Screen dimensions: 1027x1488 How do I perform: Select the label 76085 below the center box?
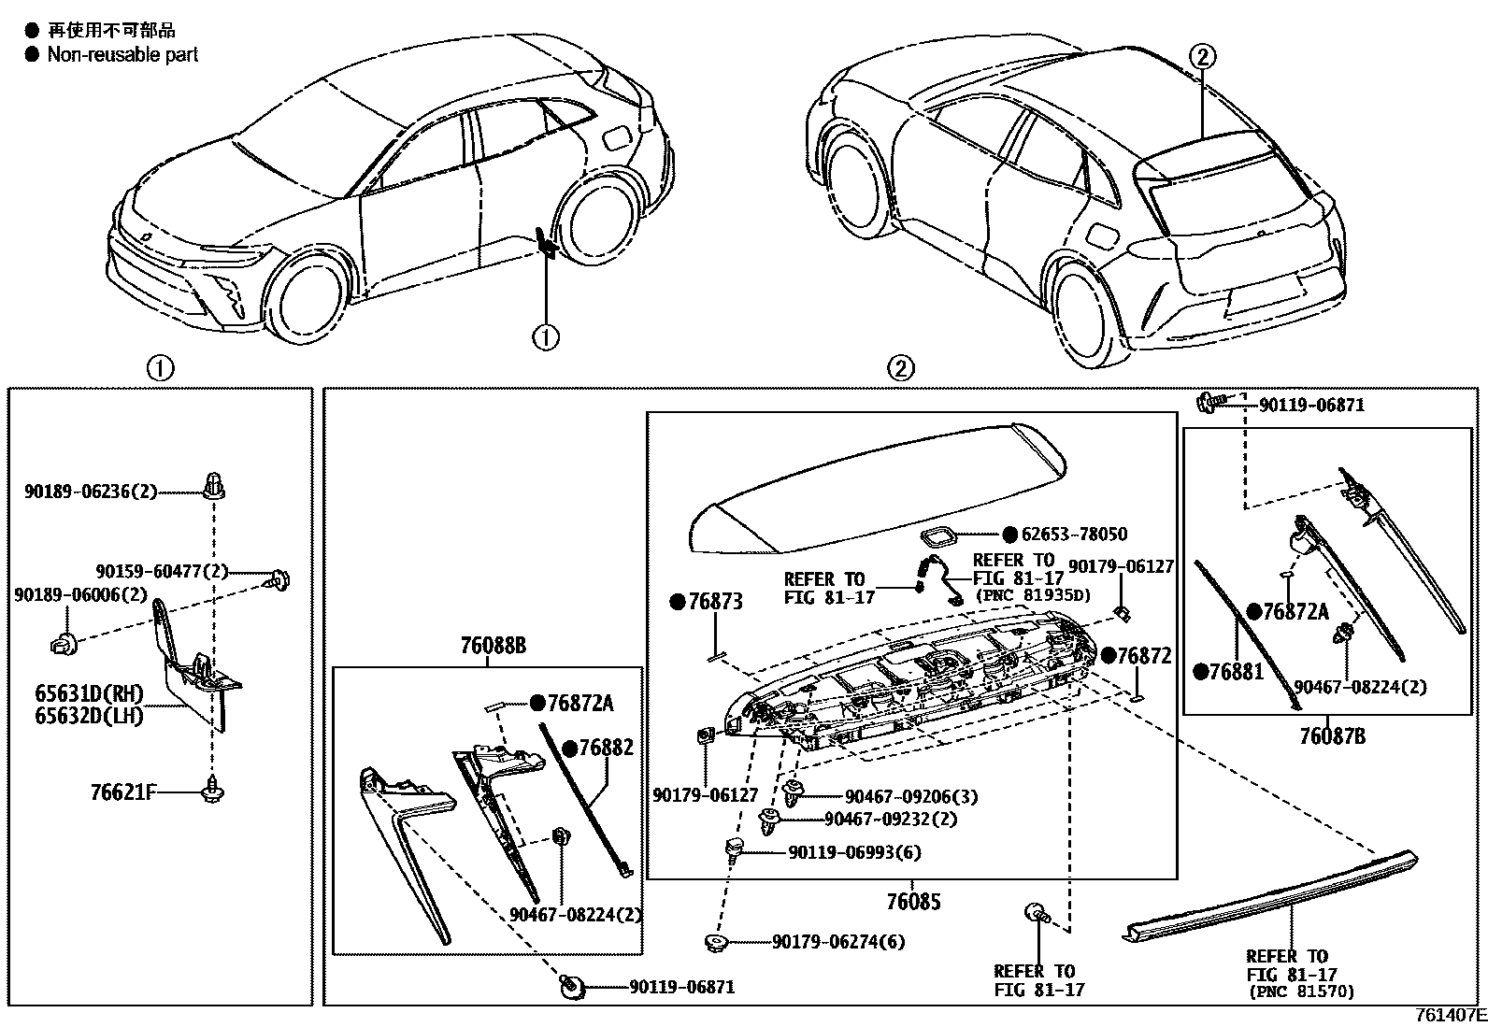(912, 902)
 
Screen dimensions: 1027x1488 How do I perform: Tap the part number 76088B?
(493, 645)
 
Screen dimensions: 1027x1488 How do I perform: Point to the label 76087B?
(1331, 736)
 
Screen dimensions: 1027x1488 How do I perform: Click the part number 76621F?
(122, 792)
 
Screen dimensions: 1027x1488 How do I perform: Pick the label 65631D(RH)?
(89, 694)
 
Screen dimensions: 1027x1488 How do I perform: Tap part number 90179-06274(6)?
(838, 942)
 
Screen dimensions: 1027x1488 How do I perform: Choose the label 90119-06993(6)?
(854, 852)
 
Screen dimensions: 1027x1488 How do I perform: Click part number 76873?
(715, 603)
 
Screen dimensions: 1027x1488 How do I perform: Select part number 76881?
(1236, 671)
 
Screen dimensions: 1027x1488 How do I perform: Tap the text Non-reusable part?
(122, 55)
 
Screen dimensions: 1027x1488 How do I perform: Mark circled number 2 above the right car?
(1203, 56)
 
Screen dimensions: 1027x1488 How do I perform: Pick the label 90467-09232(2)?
(891, 819)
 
